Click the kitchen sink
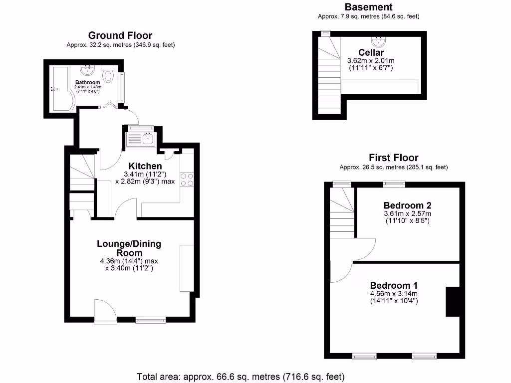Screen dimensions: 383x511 (142, 138)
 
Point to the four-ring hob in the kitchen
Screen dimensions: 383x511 (186, 179)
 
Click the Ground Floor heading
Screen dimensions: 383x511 (120, 35)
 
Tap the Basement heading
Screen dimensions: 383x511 (368, 7)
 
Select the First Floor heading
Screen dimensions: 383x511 (393, 158)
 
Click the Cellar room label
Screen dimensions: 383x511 (371, 52)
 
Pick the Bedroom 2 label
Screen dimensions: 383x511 (407, 205)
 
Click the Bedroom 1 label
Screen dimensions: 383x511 (394, 285)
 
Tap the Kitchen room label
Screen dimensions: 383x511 (145, 166)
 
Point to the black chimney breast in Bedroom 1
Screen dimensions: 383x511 (452, 302)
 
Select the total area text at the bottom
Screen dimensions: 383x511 (241, 376)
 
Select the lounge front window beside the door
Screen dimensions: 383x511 (150, 320)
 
